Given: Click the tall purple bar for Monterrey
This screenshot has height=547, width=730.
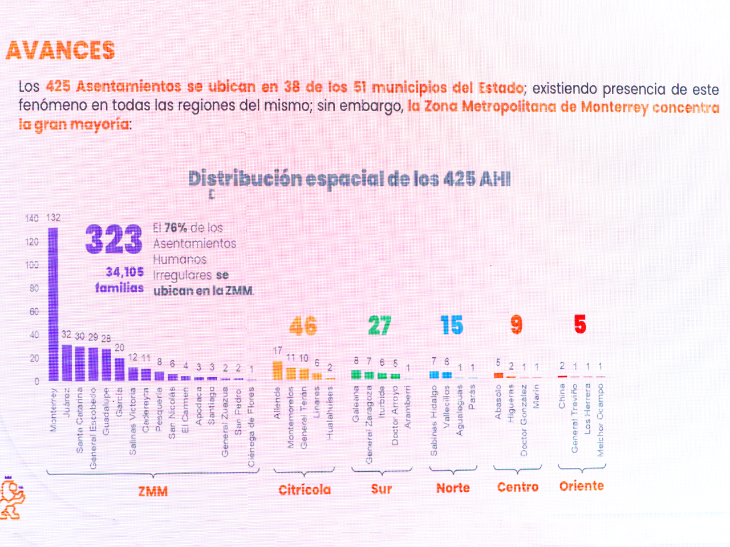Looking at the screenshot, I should [x=53, y=304].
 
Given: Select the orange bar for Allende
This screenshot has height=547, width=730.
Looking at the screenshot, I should [x=278, y=370].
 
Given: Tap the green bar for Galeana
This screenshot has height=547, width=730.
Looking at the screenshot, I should [x=356, y=374].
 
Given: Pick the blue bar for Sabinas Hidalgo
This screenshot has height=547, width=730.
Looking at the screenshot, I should [x=434, y=374].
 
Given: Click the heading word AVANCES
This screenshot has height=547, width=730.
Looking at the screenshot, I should [x=60, y=51].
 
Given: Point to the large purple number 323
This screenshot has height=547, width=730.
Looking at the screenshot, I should [x=113, y=239].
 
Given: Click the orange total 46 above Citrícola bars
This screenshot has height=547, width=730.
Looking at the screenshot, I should [x=303, y=326].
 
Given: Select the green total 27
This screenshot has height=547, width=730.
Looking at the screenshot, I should [x=379, y=325].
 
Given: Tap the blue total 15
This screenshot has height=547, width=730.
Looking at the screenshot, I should [x=452, y=325].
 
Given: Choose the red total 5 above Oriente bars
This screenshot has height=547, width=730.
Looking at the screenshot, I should [x=580, y=324].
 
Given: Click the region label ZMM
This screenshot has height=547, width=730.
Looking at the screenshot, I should [x=153, y=491].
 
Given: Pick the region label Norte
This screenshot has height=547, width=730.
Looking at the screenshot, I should [x=453, y=488].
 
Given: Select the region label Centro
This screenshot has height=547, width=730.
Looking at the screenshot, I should [x=517, y=487].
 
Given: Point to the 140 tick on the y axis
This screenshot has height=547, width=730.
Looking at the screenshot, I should [x=32, y=218].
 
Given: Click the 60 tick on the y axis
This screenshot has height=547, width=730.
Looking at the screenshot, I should [x=34, y=312].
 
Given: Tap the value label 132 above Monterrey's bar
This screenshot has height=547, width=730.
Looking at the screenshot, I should [x=53, y=218].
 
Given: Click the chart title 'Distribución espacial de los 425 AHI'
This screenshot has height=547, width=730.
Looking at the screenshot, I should [x=349, y=179].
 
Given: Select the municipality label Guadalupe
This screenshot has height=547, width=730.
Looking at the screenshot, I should [x=106, y=411].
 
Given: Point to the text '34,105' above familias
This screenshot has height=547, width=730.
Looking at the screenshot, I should [x=125, y=272].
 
